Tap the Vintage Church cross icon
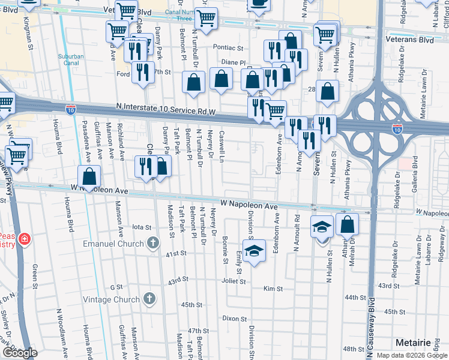click(x=151, y=298)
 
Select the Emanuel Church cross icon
click(x=153, y=244)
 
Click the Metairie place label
click(x=414, y=342)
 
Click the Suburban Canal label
click(x=71, y=59)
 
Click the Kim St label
click(x=273, y=289)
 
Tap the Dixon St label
click(x=235, y=319)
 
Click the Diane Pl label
click(x=234, y=62)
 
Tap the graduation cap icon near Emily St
click(x=255, y=250)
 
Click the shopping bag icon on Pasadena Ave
click(x=89, y=177)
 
